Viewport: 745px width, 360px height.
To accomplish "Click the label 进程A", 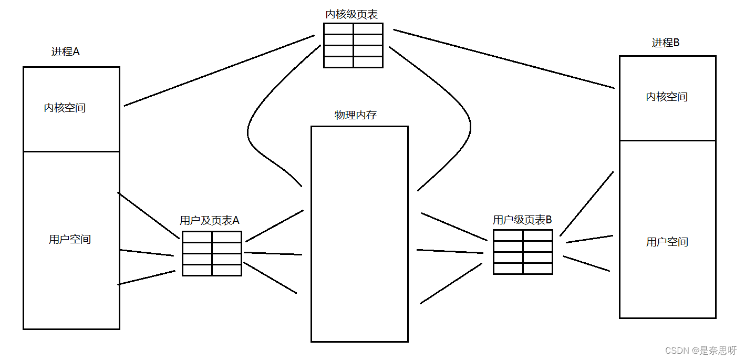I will coord(66,52).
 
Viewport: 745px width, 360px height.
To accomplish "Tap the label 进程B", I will coord(666,43).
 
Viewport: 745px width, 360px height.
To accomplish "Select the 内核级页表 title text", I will coord(351,14).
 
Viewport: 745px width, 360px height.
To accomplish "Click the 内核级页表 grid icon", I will coord(353,45).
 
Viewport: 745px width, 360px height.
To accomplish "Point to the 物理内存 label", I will coord(356,115).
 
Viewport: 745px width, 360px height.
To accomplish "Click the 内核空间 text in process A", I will coord(65,108).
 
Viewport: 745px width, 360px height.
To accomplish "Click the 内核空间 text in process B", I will coord(667,97).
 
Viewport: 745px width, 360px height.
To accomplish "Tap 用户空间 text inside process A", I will coord(70,239).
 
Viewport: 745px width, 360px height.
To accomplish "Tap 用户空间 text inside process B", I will coord(667,242).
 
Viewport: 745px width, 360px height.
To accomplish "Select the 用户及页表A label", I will coord(210,220).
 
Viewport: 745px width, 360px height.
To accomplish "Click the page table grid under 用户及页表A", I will coord(212,253).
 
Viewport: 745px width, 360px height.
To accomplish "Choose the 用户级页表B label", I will coord(522,220).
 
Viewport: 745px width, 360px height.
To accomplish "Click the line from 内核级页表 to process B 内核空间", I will coord(503,59).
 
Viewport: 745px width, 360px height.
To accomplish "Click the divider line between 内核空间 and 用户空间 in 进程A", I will coord(71,151).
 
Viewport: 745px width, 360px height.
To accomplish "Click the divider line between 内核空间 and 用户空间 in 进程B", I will coord(668,140).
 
